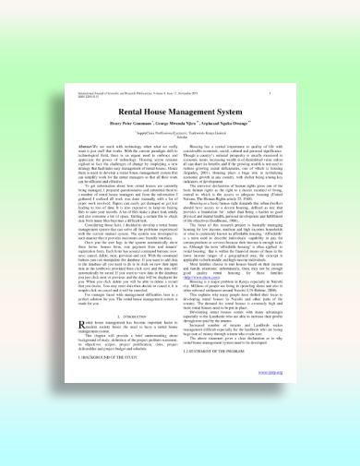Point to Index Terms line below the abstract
tap(92, 305)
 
